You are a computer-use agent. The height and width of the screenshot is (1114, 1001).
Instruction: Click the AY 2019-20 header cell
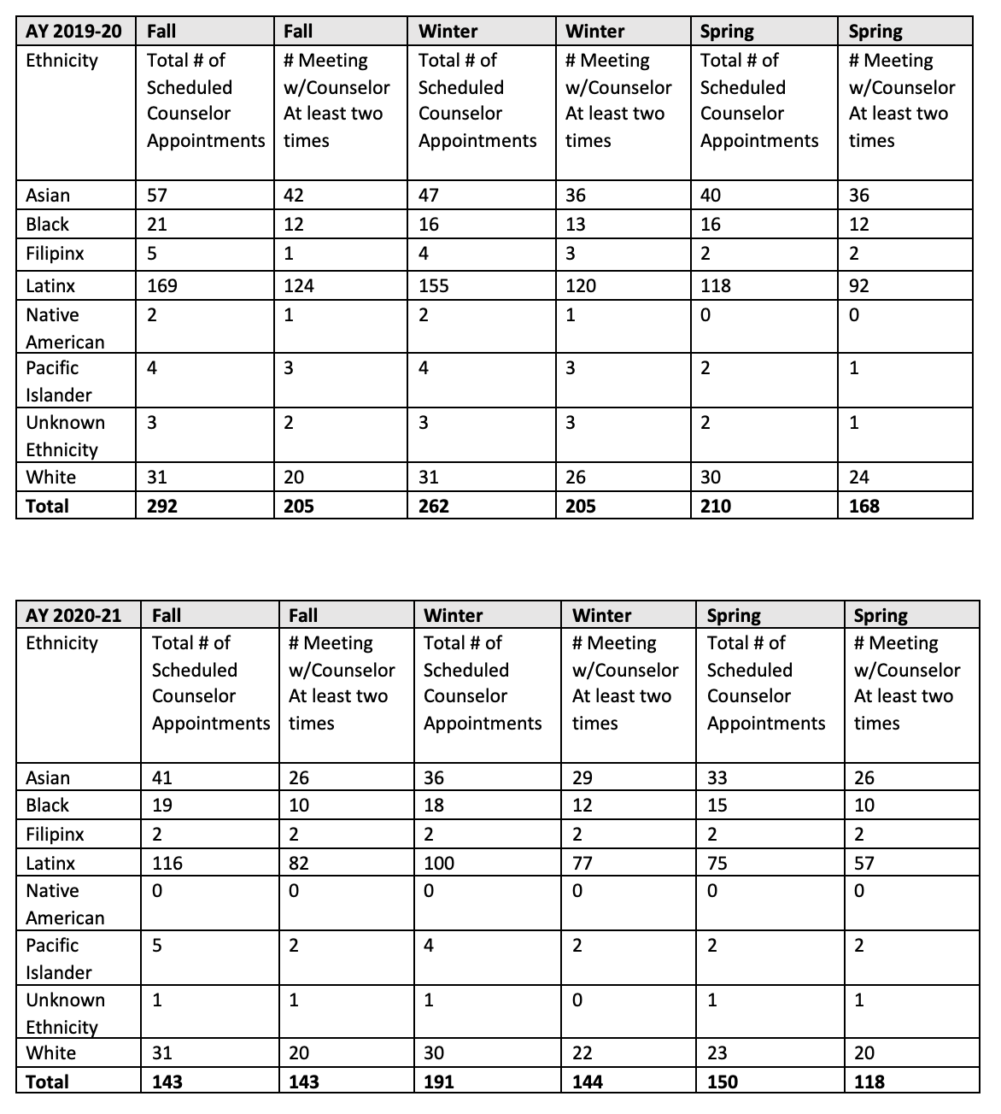[73, 32]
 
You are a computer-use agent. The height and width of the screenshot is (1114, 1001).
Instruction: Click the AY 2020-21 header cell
[73, 615]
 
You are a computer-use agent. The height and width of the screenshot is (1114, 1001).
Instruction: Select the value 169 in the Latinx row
[162, 285]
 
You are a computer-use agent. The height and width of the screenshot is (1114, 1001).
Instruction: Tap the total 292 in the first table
[162, 506]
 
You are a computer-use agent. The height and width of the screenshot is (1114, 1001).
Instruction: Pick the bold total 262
[434, 506]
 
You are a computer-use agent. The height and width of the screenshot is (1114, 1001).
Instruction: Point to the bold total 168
[864, 506]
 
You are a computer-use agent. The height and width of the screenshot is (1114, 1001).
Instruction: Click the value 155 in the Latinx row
[434, 285]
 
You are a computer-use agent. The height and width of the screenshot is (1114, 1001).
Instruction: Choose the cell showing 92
[859, 285]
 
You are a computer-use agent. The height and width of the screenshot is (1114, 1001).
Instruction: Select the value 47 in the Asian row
[429, 195]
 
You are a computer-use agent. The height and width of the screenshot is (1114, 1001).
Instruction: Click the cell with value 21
[157, 224]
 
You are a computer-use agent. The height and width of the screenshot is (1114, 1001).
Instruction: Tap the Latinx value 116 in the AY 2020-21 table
[167, 863]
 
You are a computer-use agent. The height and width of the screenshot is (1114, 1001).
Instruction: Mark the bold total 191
[439, 1082]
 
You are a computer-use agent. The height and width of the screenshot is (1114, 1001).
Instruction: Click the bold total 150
[723, 1082]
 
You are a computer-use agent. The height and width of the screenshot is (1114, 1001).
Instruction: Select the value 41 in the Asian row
[162, 777]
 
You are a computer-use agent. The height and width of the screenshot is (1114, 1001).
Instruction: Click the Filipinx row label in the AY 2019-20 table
[55, 254]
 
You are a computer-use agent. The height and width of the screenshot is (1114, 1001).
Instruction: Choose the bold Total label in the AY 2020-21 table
[48, 1082]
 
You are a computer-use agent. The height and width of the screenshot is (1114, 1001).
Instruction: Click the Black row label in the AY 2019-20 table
[47, 224]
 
